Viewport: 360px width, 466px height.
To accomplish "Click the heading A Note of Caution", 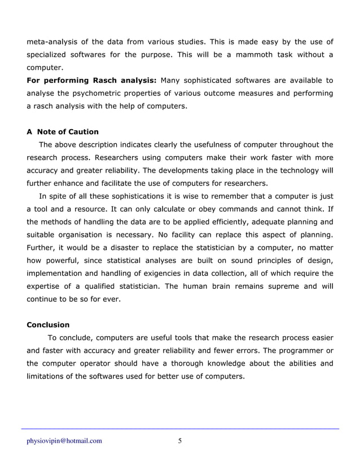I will [x=63, y=132].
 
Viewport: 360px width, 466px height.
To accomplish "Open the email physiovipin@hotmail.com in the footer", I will [x=64, y=441].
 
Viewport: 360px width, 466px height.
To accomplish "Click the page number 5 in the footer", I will [x=179, y=441].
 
